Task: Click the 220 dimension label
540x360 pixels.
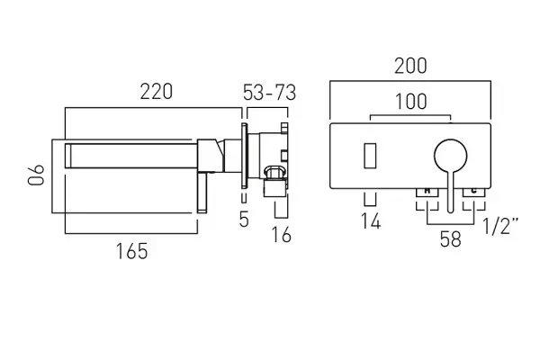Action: (156, 92)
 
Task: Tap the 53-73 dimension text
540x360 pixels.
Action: (269, 93)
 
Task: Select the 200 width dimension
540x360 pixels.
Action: (410, 66)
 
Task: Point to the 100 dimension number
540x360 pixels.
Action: (411, 102)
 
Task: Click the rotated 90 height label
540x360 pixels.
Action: (36, 175)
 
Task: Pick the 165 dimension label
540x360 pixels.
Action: (132, 251)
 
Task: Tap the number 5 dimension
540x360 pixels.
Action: (244, 219)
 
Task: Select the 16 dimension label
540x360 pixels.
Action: (282, 235)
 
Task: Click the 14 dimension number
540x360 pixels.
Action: (371, 220)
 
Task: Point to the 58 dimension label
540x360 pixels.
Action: (451, 238)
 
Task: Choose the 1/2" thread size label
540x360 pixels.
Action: (500, 226)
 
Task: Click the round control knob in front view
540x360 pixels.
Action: (451, 156)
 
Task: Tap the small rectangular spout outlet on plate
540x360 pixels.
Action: (370, 156)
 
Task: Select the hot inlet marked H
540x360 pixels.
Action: (427, 193)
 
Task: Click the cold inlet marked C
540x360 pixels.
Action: (474, 193)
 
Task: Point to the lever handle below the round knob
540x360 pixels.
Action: (451, 192)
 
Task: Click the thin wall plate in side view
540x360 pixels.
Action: (244, 155)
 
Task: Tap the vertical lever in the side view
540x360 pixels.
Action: (202, 193)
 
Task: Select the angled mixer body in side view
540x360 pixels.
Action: (211, 156)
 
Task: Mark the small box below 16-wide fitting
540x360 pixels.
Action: (275, 189)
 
